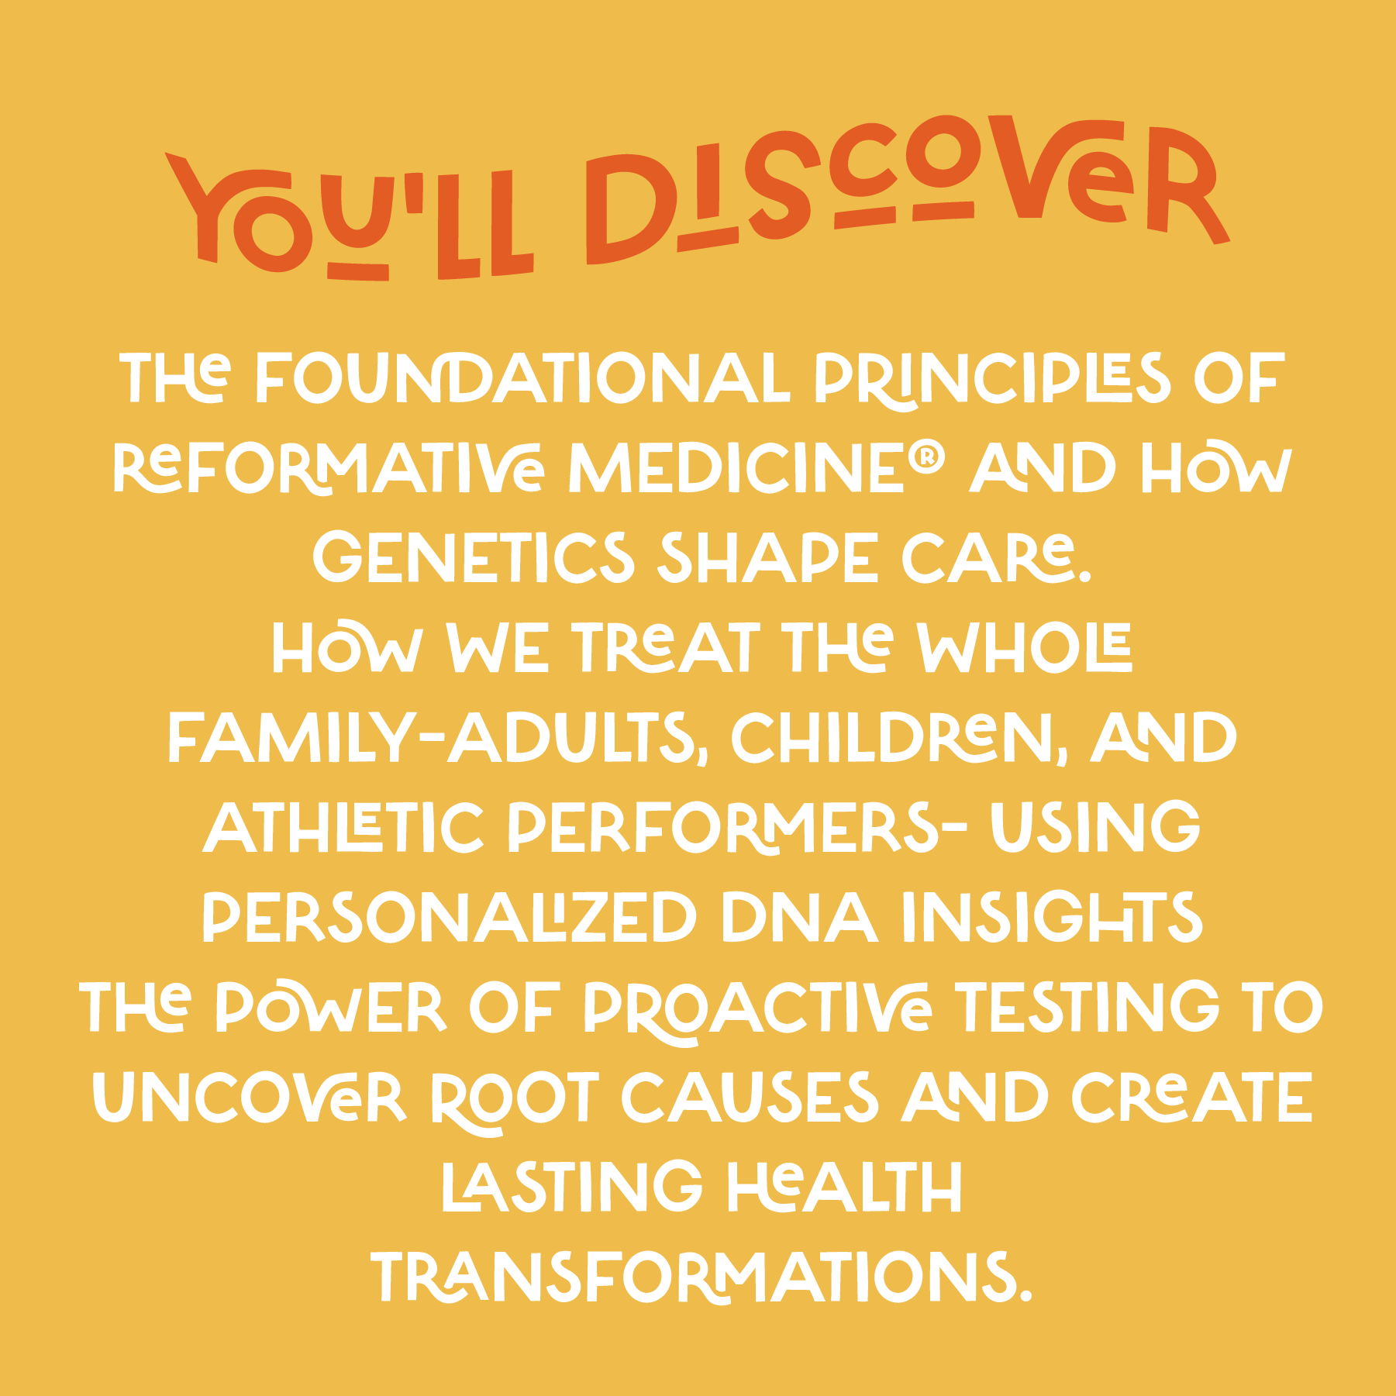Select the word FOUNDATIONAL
522,379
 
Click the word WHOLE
1025,647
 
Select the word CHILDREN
898,737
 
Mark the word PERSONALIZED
450,916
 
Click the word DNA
800,916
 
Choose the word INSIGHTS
1053,916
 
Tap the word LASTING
572,1186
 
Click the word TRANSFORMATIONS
702,1277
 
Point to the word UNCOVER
250,1097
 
